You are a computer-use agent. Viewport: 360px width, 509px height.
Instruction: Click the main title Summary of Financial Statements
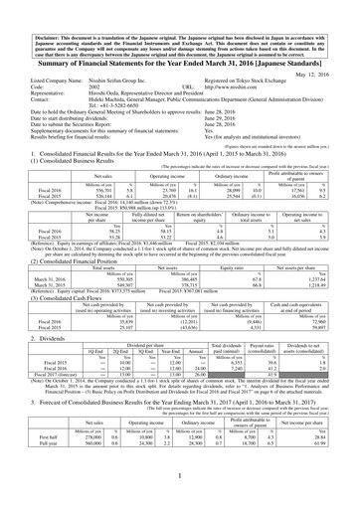pos(179,60)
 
